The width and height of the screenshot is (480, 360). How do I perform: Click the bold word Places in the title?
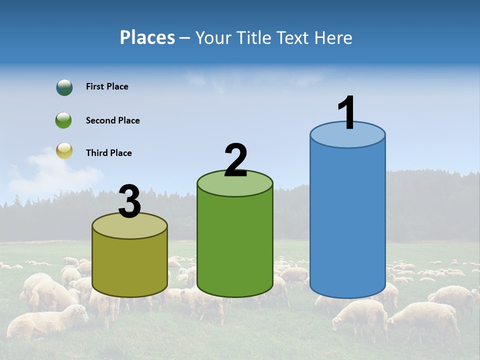(147, 37)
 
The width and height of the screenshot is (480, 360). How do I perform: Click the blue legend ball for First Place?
(64, 87)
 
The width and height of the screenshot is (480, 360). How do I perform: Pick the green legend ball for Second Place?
(64, 120)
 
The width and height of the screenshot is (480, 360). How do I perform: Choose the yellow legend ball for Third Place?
(64, 150)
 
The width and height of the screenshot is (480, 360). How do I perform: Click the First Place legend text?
(107, 86)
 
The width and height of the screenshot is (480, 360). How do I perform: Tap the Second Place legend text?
(112, 120)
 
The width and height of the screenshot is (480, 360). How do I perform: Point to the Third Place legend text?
(108, 153)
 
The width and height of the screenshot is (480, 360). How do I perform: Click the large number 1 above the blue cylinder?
(347, 112)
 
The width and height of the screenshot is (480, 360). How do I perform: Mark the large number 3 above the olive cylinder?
(130, 201)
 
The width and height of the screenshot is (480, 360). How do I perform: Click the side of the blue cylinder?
(347, 220)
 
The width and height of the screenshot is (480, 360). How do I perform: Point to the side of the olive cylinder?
(130, 265)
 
